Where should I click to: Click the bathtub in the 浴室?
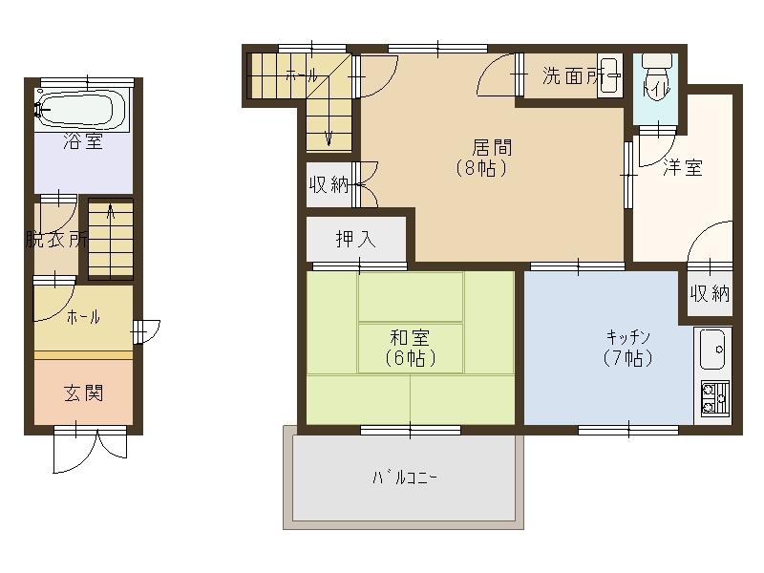[x=82, y=110]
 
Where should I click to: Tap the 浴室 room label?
[x=83, y=141]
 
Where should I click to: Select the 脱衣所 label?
[x=57, y=240]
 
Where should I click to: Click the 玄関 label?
[x=84, y=393]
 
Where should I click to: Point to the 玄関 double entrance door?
[x=90, y=449]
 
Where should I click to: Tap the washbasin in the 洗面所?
[x=609, y=76]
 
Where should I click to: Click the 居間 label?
[x=492, y=147]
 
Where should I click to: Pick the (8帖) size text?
[x=482, y=169]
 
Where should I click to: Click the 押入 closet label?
[x=356, y=240]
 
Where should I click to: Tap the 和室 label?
[x=410, y=337]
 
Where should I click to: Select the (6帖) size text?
[x=411, y=359]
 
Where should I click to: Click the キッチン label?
[x=628, y=337]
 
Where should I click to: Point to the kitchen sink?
[x=712, y=350]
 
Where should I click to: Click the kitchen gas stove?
[x=714, y=398]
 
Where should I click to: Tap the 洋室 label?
[x=683, y=167]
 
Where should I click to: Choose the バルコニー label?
[x=404, y=477]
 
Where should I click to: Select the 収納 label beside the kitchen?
[x=710, y=294]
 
